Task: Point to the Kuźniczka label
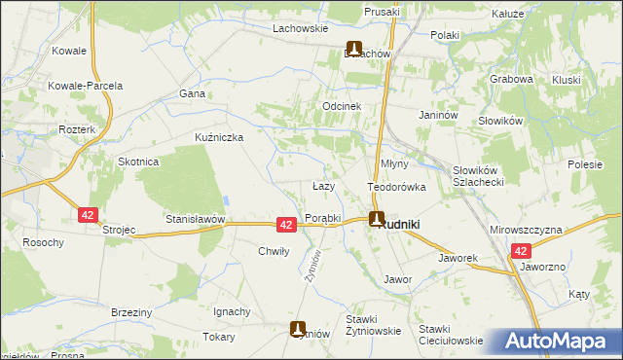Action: pyautogui.click(x=219, y=137)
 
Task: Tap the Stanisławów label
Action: pyautogui.click(x=195, y=220)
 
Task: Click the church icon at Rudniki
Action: pyautogui.click(x=376, y=220)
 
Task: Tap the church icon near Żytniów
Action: pyautogui.click(x=299, y=330)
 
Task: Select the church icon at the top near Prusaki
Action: pyautogui.click(x=354, y=49)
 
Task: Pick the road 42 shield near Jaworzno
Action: pyautogui.click(x=521, y=251)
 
